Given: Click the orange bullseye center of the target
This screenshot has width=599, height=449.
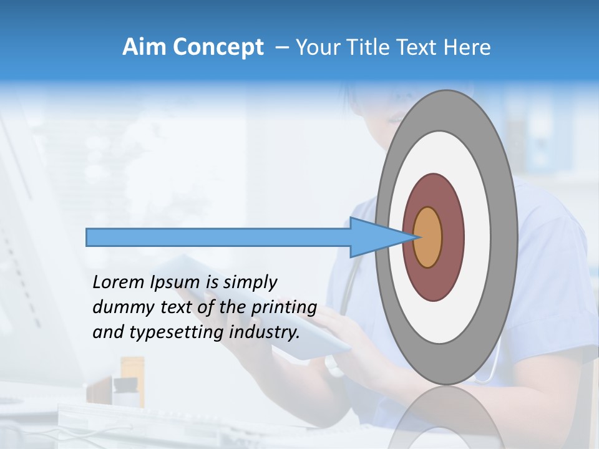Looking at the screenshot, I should point(427,238).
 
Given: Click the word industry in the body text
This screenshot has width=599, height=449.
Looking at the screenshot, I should point(265,332).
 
